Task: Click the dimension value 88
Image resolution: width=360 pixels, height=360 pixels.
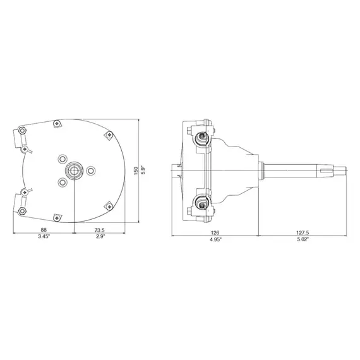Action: [x=44, y=231]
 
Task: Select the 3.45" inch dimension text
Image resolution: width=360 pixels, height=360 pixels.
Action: [x=44, y=238]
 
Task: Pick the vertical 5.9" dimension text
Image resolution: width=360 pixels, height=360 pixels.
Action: [x=143, y=171]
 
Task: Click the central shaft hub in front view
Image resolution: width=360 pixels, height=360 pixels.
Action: [x=75, y=169]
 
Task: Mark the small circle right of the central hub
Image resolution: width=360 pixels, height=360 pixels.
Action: [x=91, y=170]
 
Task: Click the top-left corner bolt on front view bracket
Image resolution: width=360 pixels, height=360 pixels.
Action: [x=23, y=131]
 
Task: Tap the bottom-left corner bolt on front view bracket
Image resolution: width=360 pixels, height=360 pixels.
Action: [x=23, y=210]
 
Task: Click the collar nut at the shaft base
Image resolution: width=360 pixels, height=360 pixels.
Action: [x=261, y=170]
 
